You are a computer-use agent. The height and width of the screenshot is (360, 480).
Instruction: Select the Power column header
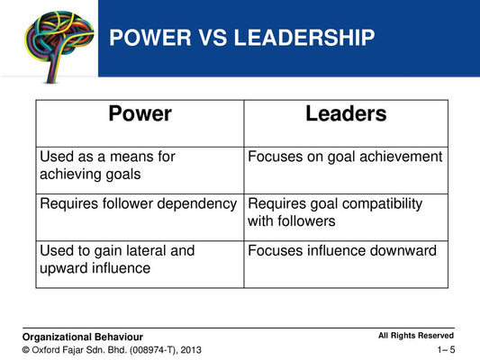[x=140, y=114]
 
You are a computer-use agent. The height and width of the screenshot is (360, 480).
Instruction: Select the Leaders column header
[x=346, y=114]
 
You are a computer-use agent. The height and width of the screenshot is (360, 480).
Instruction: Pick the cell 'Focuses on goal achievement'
[x=345, y=157]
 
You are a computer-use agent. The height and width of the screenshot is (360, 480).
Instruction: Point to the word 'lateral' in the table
[x=146, y=251]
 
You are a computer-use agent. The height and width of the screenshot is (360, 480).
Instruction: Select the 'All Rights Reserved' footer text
[x=415, y=335]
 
